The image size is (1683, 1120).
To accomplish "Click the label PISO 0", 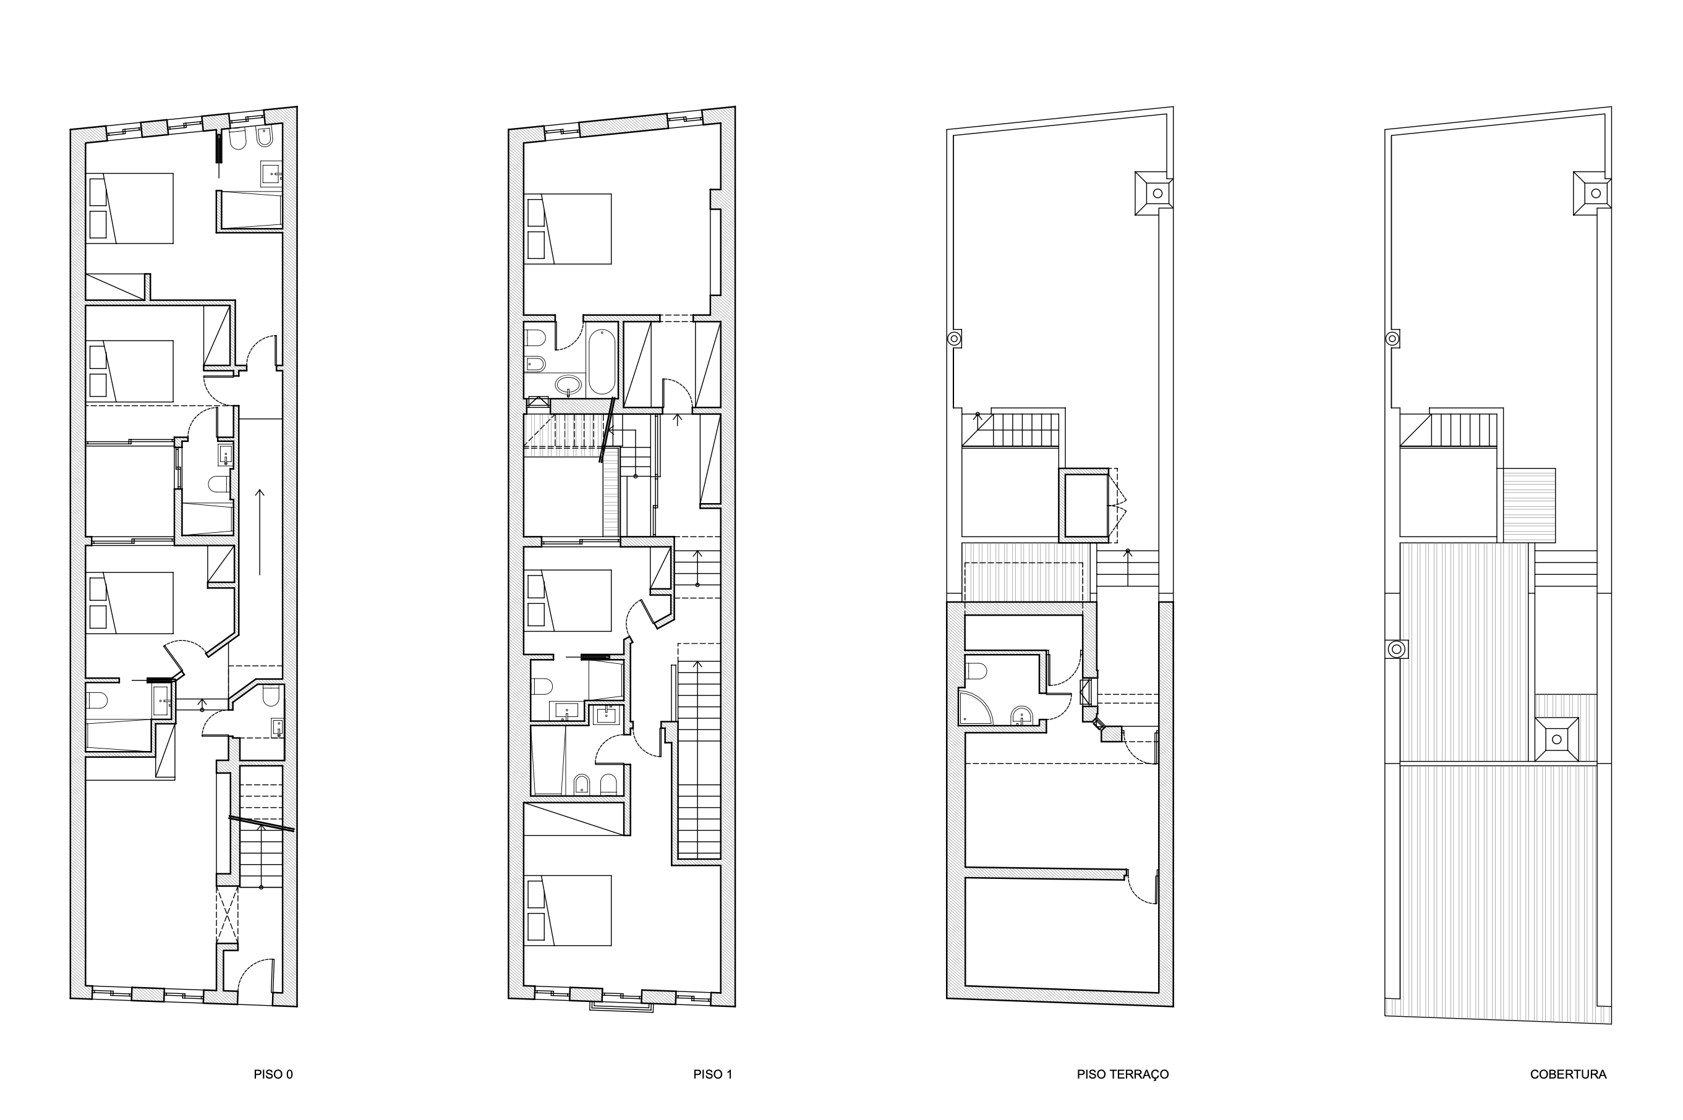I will [273, 1074].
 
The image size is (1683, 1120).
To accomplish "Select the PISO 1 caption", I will [712, 1074].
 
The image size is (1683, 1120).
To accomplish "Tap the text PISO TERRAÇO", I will [1122, 1074].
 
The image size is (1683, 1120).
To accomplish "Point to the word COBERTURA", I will [1568, 1074].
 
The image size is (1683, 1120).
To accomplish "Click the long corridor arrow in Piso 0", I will [259, 532].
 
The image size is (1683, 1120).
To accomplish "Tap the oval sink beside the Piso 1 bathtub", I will [569, 386].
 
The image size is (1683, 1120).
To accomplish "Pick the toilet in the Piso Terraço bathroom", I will [976, 671].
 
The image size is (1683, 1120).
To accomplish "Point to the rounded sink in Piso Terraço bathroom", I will [1021, 715].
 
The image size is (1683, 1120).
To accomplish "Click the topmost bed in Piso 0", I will [130, 208].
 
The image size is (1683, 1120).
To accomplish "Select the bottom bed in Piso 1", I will [568, 909].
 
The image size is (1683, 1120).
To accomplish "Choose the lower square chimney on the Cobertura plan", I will [1556, 740].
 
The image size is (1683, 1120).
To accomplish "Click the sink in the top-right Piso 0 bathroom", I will [271, 173].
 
